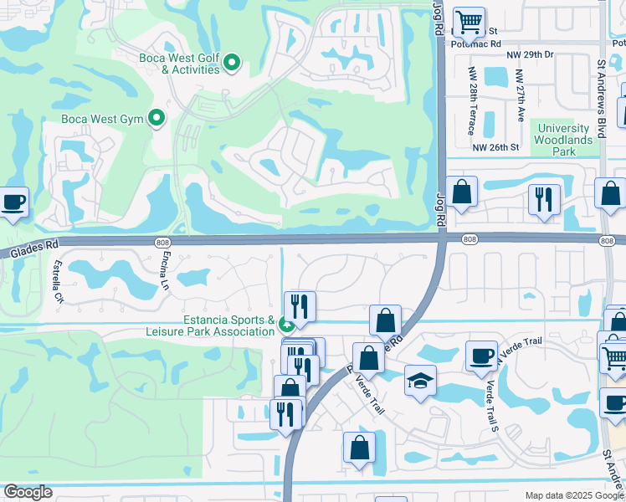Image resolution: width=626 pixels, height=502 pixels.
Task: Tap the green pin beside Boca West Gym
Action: (156, 119)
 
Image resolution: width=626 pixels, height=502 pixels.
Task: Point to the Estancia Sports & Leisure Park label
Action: (229, 325)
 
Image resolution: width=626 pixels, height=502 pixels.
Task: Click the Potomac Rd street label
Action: (475, 43)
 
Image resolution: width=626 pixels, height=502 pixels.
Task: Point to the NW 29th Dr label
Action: (530, 54)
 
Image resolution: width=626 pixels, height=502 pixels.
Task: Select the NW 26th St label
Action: (495, 147)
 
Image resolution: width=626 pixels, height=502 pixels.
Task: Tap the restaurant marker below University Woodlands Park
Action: (544, 200)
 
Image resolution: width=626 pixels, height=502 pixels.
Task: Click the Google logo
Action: (28, 493)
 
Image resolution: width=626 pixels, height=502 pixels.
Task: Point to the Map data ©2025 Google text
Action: (575, 495)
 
